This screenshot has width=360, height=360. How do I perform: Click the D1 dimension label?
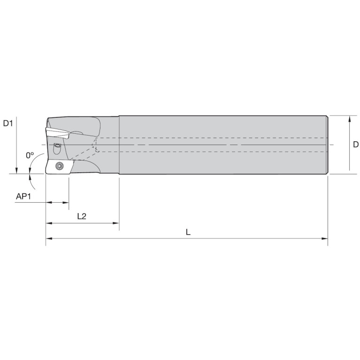click(8, 123)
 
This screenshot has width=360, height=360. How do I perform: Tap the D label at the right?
click(356, 145)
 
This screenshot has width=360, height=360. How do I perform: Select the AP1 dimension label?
click(23, 197)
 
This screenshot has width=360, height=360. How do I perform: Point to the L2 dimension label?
click(82, 216)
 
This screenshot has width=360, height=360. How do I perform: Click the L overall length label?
click(188, 232)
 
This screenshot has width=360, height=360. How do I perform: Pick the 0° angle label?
click(30, 155)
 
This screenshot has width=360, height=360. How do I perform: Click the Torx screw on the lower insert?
click(60, 166)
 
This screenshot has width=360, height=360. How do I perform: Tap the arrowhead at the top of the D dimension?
click(349, 119)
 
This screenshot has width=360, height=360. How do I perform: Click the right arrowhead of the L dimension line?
click(325, 238)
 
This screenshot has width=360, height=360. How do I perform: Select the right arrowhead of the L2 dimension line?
click(116, 223)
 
